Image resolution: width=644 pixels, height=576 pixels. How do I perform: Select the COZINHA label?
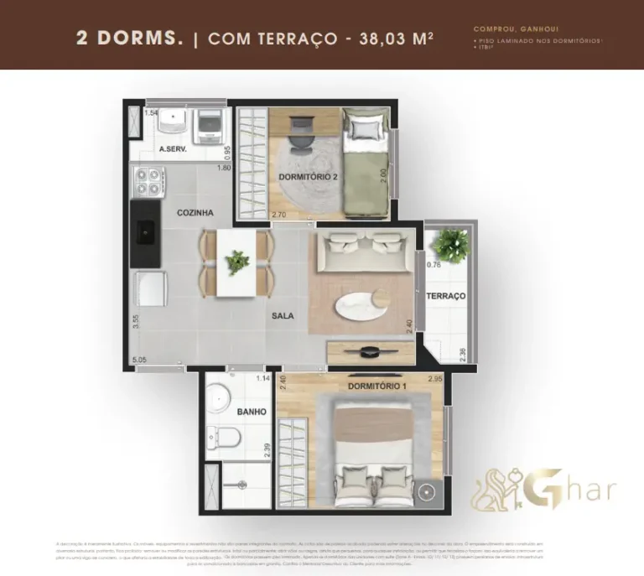click(x=195, y=213)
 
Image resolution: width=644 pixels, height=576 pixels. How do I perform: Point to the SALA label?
click(x=282, y=316)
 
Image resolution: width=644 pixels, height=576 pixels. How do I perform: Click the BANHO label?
click(x=228, y=412)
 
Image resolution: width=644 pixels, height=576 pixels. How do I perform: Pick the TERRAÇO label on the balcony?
click(x=445, y=297)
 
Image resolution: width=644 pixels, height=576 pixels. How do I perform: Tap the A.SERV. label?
click(x=172, y=151)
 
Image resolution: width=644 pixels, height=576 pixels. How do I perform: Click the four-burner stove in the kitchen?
click(x=148, y=179)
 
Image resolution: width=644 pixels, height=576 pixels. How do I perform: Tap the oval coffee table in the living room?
click(x=362, y=308)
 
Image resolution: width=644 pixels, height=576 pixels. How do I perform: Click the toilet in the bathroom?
click(x=226, y=437)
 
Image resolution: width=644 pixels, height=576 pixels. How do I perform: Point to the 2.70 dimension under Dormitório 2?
click(x=278, y=215)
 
